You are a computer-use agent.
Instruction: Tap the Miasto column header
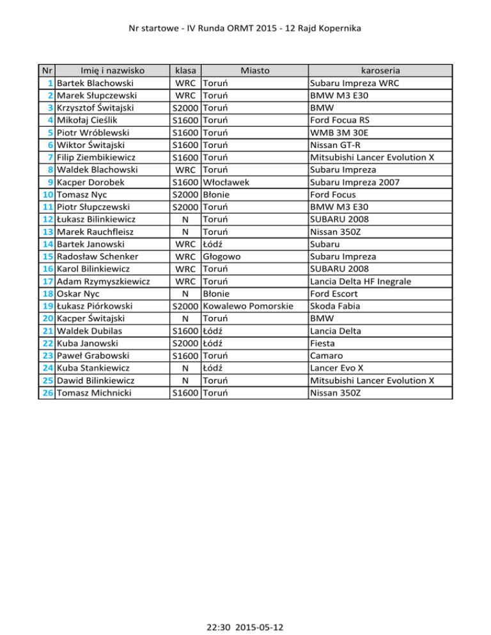(254, 70)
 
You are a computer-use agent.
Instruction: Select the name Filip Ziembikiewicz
(96, 157)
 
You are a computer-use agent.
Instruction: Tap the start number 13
(48, 231)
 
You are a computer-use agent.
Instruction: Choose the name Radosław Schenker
(95, 256)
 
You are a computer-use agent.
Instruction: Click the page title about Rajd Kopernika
(245, 29)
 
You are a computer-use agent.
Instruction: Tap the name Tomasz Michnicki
(94, 393)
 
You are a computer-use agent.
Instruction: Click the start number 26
(48, 393)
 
